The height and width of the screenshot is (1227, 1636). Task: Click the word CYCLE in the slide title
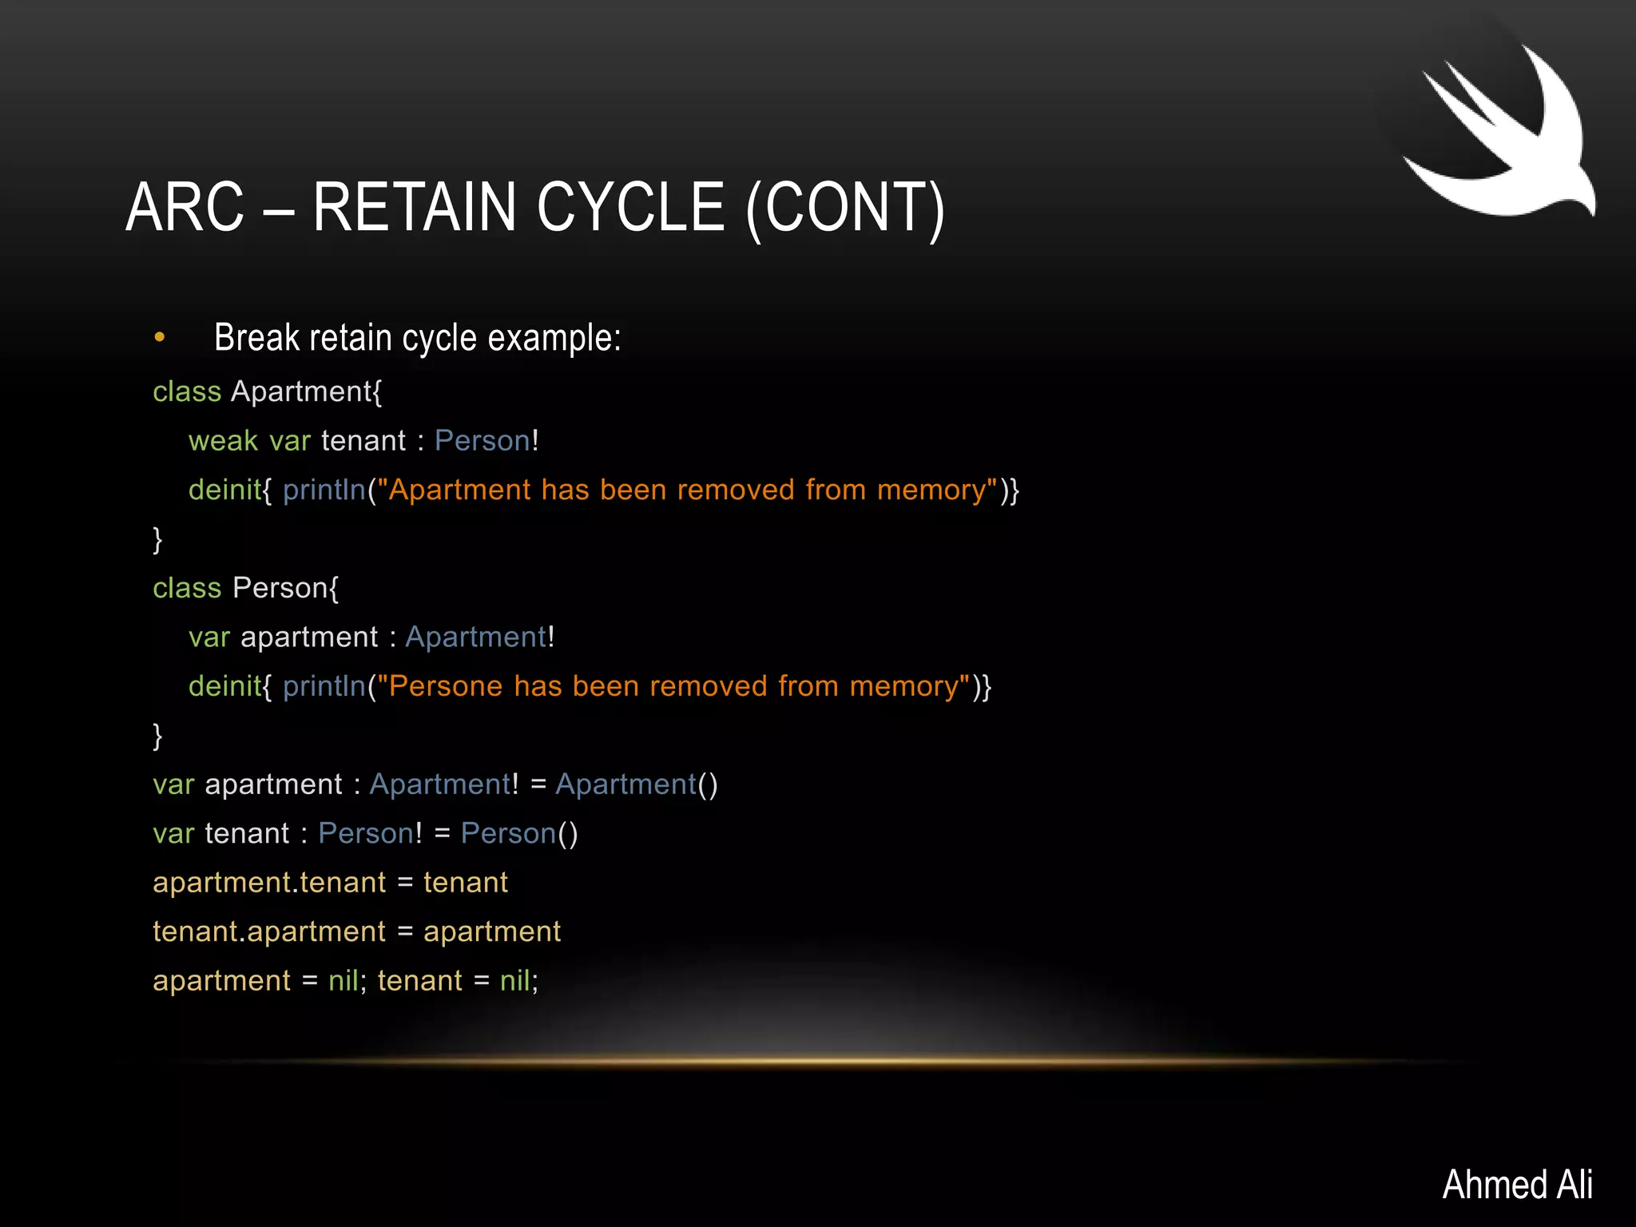coord(630,207)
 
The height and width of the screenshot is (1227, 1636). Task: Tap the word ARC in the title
coord(185,207)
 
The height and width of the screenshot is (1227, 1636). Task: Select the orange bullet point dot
coord(160,338)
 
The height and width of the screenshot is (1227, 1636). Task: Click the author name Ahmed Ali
coord(1517,1184)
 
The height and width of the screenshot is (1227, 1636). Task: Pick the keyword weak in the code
coord(223,441)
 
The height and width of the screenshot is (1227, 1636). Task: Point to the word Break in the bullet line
coord(256,337)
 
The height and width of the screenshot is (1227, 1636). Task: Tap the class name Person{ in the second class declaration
coord(285,589)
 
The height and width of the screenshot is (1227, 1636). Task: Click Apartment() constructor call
coord(637,784)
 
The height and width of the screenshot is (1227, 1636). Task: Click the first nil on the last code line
coord(343,981)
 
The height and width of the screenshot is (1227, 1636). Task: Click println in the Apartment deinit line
coord(324,490)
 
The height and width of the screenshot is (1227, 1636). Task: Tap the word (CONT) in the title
coord(845,208)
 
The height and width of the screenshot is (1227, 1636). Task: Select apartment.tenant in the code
coord(269,883)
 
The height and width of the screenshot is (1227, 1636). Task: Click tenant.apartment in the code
coord(269,932)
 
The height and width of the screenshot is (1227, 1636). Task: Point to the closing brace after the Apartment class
coord(157,540)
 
